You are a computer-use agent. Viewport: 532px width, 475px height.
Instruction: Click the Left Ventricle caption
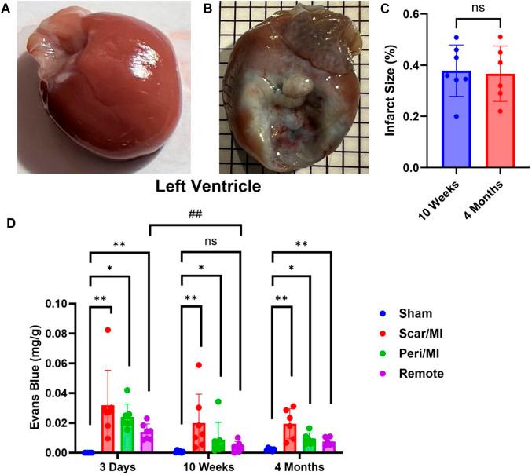pos(204,190)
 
